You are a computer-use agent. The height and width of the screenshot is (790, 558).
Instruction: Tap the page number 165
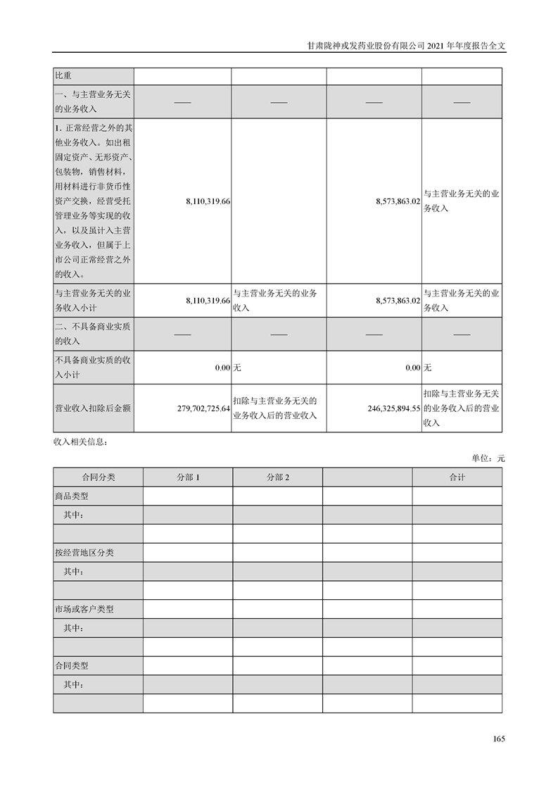tap(499, 739)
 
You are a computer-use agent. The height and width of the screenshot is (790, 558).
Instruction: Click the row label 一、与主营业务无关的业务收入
tap(92, 102)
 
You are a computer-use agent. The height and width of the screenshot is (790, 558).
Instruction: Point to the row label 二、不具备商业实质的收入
tap(92, 334)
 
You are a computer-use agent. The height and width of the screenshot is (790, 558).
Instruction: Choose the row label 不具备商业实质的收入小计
tap(92, 367)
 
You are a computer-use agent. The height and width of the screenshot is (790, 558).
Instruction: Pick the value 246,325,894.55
tap(394, 408)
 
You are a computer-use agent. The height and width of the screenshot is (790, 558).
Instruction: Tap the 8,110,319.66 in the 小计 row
tap(208, 301)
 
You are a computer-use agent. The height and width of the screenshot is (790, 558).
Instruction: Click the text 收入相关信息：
tap(80, 442)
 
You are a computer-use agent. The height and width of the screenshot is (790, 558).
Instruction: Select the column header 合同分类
tap(98, 477)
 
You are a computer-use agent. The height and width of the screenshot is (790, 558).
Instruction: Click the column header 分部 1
tap(188, 477)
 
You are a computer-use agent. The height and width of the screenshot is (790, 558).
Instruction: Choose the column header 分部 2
tap(278, 477)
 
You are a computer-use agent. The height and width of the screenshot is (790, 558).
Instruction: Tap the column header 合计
tap(457, 477)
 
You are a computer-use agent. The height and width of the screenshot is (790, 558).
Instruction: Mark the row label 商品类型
tap(72, 496)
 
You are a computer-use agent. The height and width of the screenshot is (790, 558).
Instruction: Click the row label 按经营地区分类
tap(84, 553)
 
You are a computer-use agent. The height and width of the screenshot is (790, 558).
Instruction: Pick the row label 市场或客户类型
tap(84, 609)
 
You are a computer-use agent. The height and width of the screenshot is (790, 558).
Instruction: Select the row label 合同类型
tap(72, 665)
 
